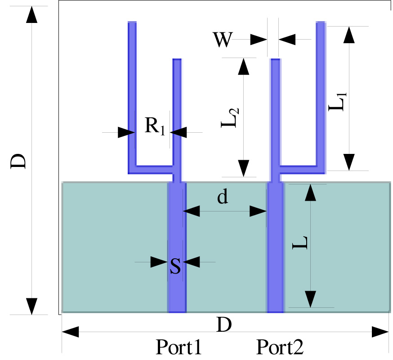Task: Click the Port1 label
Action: tap(179, 347)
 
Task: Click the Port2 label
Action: tap(280, 347)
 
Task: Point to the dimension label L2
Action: tap(230, 118)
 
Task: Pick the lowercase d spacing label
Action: tap(222, 197)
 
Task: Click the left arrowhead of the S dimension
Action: tap(159, 262)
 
